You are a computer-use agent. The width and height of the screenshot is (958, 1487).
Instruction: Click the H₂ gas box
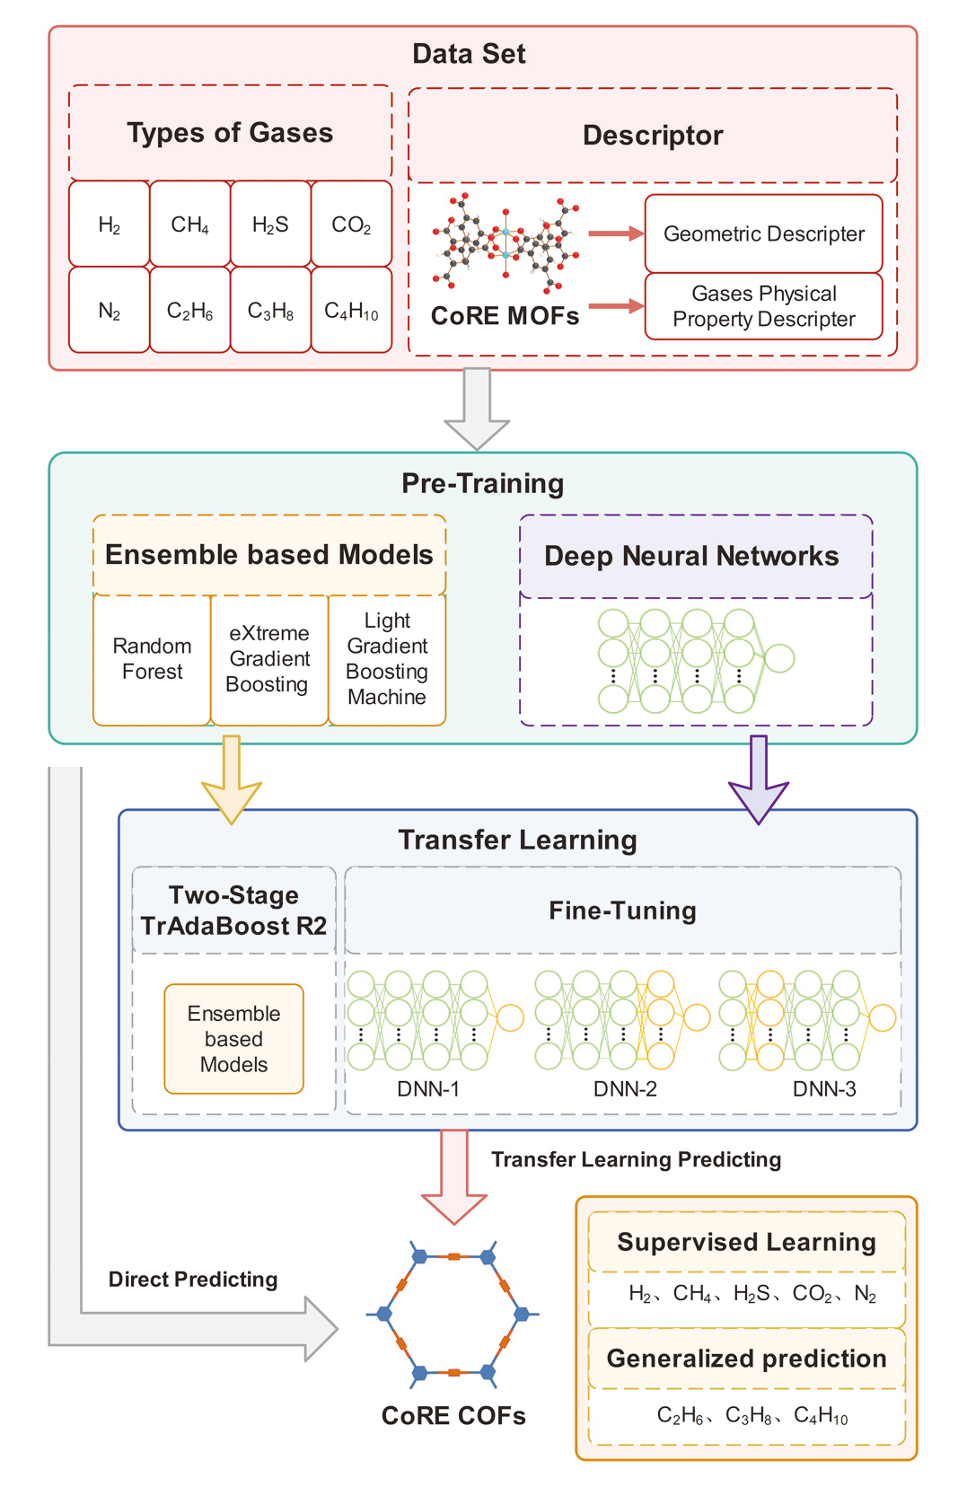[110, 224]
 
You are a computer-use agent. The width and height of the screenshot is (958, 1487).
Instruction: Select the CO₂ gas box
[351, 224]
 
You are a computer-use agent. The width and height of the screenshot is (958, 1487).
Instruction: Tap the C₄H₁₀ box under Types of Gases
[351, 311]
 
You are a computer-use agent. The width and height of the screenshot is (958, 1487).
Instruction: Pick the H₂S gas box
[270, 224]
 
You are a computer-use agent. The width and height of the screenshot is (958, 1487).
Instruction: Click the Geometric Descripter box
[763, 233]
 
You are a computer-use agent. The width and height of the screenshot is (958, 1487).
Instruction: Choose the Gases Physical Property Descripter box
[763, 306]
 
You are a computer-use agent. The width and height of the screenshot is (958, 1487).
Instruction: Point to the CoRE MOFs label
[505, 316]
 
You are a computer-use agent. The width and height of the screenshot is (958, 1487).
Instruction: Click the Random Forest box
[152, 659]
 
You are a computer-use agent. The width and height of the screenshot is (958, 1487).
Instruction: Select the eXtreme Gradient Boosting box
[268, 659]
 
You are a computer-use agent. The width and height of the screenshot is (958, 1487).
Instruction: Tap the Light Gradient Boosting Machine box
[387, 659]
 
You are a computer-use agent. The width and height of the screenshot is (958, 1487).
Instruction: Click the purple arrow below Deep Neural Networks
[759, 778]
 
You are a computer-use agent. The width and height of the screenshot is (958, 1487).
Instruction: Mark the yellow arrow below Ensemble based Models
[232, 778]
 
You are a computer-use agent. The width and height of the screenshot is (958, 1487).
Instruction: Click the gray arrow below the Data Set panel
[477, 408]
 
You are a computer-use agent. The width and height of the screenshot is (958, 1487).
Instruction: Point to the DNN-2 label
[625, 1089]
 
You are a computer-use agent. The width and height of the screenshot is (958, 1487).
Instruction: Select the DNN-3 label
[824, 1089]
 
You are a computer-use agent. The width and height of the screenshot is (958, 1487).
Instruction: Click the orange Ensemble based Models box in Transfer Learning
[233, 1039]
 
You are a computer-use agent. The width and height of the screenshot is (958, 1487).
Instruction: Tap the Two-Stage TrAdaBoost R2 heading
[233, 911]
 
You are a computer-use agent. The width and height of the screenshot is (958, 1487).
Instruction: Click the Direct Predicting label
[193, 1280]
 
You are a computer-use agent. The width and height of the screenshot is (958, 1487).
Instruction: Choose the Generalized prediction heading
[746, 1359]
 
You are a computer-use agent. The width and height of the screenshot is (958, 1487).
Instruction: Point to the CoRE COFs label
[453, 1416]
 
